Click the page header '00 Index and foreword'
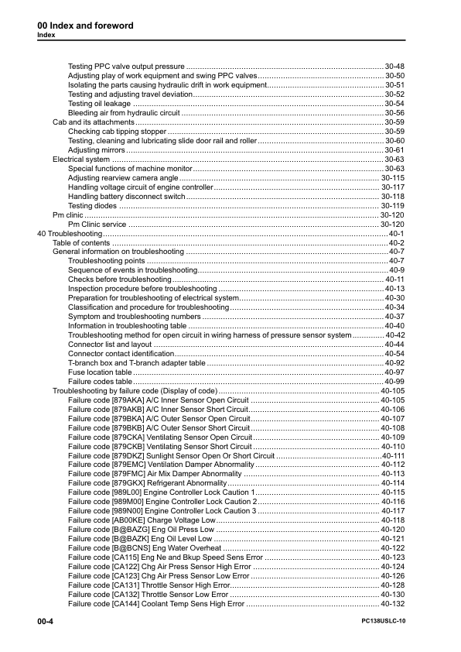85,26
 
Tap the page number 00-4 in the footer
45,623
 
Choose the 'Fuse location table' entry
101,372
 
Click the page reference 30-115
393,177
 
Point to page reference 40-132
393,604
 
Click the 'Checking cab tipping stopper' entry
117,131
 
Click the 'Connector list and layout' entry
110,345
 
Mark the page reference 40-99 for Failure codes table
395,382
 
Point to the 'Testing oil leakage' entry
99,103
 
